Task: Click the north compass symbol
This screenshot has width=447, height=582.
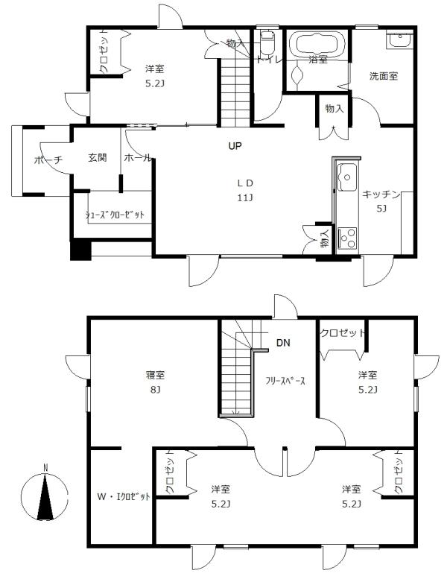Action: (45, 496)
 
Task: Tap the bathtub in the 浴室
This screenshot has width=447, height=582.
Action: (317, 45)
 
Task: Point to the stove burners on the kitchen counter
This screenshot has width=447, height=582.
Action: (347, 238)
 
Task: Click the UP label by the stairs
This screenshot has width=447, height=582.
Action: (235, 146)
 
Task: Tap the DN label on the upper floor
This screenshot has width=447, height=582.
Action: (283, 344)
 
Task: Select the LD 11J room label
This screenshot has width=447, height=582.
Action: (246, 190)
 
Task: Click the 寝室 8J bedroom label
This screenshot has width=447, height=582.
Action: (155, 382)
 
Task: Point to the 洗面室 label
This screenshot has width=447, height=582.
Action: (383, 75)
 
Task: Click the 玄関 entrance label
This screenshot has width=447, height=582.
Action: (98, 158)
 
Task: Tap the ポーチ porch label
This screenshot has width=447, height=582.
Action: (47, 160)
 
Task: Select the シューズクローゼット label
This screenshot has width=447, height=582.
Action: (115, 215)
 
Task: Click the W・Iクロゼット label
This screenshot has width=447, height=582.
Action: (124, 496)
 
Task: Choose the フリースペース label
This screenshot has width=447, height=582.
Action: (285, 380)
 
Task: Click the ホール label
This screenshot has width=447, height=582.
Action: (137, 158)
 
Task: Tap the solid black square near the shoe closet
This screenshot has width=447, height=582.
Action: (80, 249)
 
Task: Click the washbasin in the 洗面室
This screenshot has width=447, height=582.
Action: (399, 38)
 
